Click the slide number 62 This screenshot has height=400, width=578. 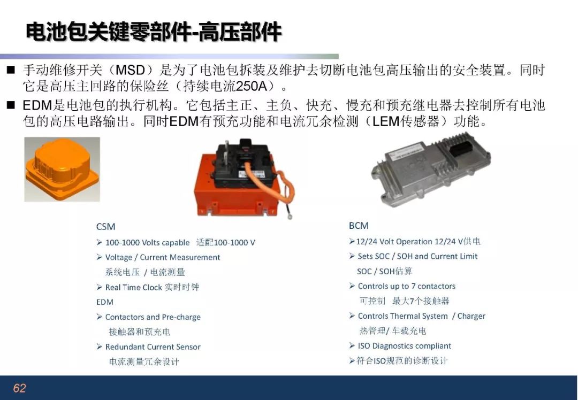pyautogui.click(x=20, y=388)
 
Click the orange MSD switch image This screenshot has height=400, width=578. pyautogui.click(x=62, y=170)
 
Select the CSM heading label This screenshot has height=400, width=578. pyautogui.click(x=105, y=227)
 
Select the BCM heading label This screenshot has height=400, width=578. pyautogui.click(x=359, y=226)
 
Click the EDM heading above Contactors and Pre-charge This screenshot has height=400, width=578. pyautogui.click(x=105, y=302)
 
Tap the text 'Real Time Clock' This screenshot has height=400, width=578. pyautogui.click(x=133, y=287)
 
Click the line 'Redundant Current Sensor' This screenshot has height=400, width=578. pyautogui.click(x=153, y=347)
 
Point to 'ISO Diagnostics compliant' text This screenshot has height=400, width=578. pyautogui.click(x=405, y=346)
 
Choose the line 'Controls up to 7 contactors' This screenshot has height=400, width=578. pyautogui.click(x=407, y=286)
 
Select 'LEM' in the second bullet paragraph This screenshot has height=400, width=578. pyautogui.click(x=386, y=121)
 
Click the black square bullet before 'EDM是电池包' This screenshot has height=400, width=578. pyautogui.click(x=11, y=105)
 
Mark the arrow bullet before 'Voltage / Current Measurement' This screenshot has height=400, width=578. pyautogui.click(x=99, y=257)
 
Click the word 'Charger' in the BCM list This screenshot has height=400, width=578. pyautogui.click(x=471, y=316)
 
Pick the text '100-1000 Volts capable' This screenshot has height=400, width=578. pyautogui.click(x=148, y=243)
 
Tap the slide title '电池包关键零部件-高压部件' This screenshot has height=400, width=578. pyautogui.click(x=154, y=32)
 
